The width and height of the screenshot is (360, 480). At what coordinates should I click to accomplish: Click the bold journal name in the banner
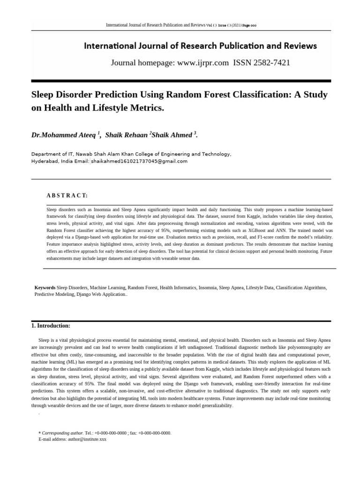(200, 46)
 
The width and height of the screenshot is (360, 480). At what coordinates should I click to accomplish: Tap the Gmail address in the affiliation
(139, 161)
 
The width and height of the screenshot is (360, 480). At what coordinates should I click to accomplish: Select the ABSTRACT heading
(67, 195)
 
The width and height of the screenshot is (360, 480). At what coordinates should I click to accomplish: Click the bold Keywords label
(45, 287)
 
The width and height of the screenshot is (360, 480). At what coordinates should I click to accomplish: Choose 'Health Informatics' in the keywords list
(178, 287)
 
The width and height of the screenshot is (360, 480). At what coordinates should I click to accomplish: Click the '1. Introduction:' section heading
(51, 326)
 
